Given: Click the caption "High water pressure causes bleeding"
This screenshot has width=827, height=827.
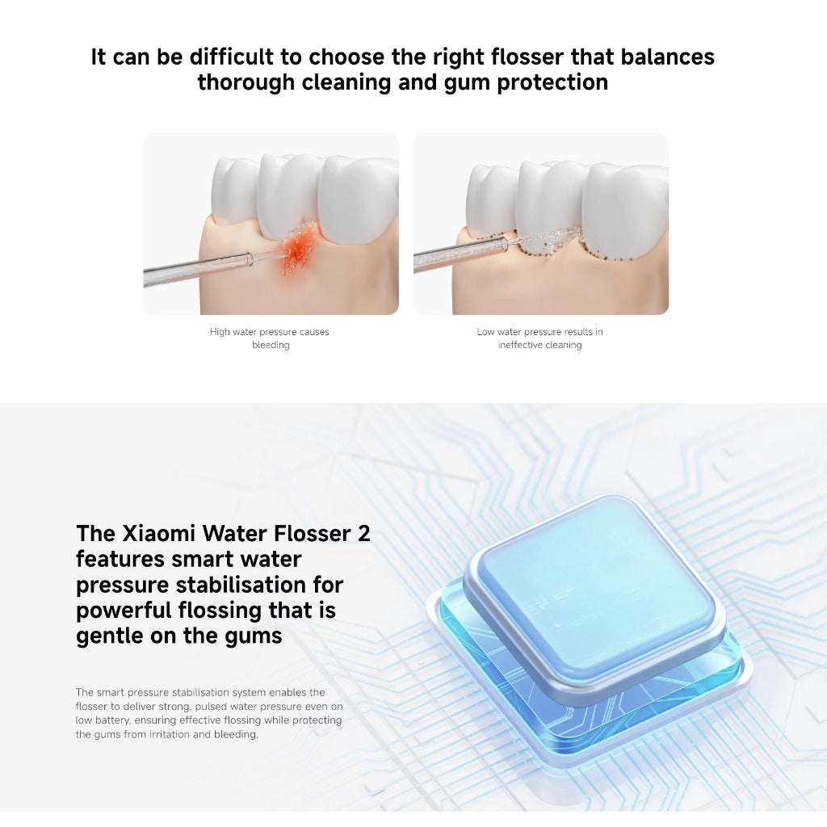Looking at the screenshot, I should click(270, 338).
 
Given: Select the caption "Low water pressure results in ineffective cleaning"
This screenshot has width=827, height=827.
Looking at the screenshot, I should click(539, 338).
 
